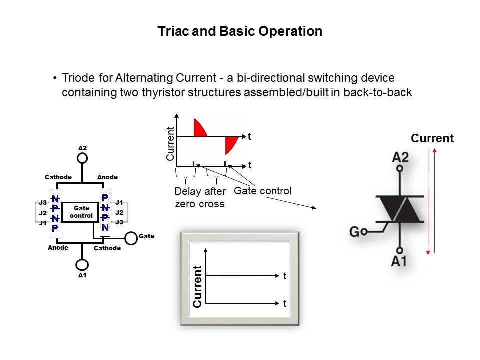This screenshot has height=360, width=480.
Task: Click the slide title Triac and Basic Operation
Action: [240, 32]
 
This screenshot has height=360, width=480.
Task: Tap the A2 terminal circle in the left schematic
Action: [83, 158]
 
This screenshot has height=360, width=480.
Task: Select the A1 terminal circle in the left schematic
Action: [83, 264]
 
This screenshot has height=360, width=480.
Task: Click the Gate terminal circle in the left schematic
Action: [131, 238]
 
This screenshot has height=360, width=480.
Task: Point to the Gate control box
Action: [80, 212]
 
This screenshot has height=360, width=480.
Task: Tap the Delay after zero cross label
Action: [200, 197]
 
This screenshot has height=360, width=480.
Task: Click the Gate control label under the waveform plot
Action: [262, 190]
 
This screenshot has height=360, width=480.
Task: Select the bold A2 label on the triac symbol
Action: [400, 157]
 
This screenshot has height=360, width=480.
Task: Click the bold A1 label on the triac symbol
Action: [399, 260]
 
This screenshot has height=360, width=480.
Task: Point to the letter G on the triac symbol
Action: [354, 232]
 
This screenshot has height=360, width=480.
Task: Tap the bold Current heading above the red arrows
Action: [432, 138]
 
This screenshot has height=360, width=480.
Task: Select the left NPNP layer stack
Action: [55, 211]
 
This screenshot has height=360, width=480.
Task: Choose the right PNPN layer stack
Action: [105, 210]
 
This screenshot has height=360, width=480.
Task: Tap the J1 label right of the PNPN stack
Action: [119, 203]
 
